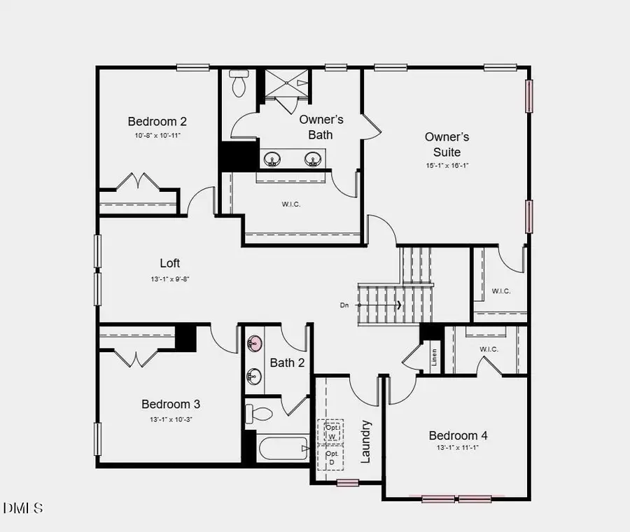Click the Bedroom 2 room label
click(157, 120)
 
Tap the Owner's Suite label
click(447, 144)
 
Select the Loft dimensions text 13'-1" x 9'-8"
click(170, 279)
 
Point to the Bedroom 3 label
click(171, 404)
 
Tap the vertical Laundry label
click(365, 442)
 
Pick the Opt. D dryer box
click(330, 458)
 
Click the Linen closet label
click(434, 357)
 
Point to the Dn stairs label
click(344, 305)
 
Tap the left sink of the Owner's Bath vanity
click(272, 160)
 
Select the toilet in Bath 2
click(260, 413)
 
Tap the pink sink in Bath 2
click(255, 344)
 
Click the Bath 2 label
click(287, 363)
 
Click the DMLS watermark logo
click(22, 507)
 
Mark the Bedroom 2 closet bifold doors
click(138, 182)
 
